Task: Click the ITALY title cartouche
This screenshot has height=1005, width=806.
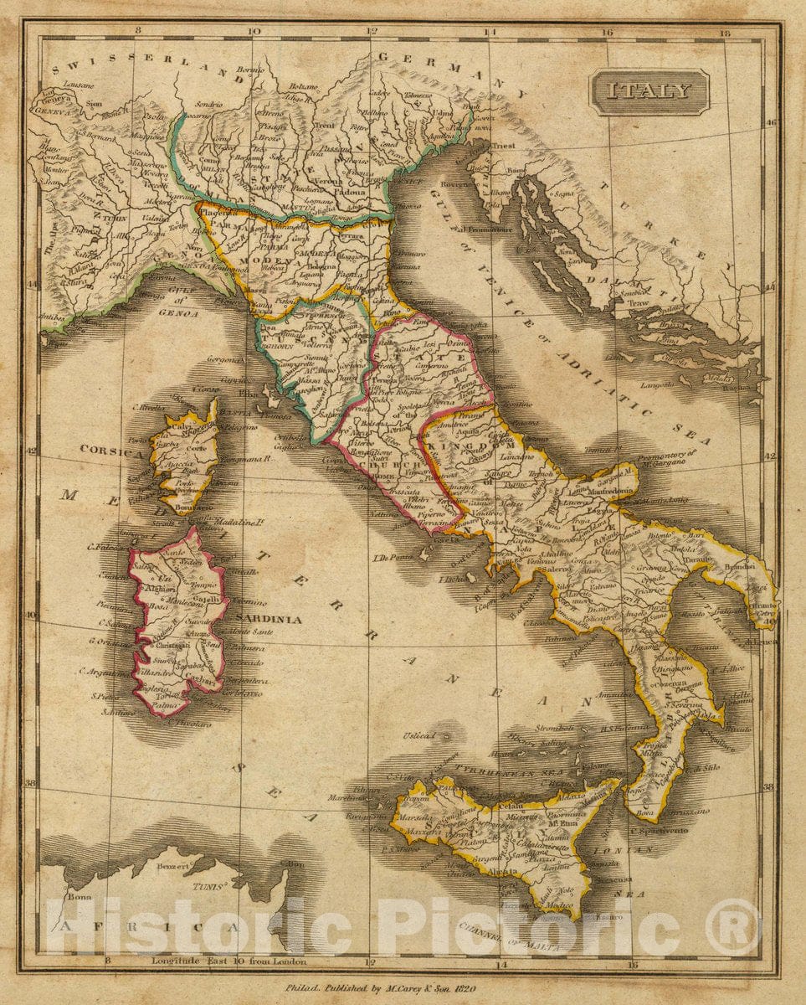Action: (x=649, y=92)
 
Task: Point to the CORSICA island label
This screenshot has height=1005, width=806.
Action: (x=112, y=450)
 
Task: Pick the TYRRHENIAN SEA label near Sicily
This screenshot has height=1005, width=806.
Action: (x=513, y=770)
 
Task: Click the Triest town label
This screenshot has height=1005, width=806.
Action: (x=503, y=145)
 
